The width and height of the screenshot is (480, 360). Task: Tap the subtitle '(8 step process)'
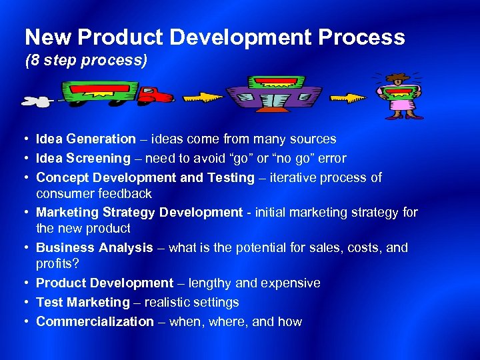85,61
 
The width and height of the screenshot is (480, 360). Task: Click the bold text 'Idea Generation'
85,139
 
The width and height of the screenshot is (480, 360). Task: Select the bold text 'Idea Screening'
83,159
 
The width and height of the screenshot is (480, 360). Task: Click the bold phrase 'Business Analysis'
94,248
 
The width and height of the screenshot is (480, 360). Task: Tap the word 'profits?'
57,264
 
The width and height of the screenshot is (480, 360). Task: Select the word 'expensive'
292,283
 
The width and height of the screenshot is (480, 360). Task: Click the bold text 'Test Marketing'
83,303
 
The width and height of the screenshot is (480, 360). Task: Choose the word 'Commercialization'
95,322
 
